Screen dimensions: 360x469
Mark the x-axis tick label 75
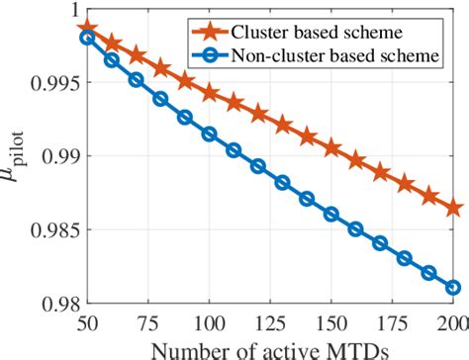coord(147,322)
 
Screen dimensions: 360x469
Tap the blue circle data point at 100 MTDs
coord(209,134)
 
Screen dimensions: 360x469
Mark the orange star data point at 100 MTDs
coord(209,93)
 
